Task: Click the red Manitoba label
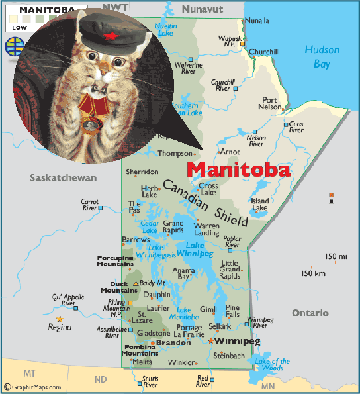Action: [x=238, y=169]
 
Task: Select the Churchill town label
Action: [x=263, y=52]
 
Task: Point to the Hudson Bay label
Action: [x=322, y=56]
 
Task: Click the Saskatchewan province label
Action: [x=63, y=178]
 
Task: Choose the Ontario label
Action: [x=310, y=313]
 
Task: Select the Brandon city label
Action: [x=173, y=342]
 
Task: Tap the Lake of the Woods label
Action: [x=272, y=365]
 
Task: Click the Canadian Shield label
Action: [x=205, y=203]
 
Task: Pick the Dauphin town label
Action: [x=156, y=295]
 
